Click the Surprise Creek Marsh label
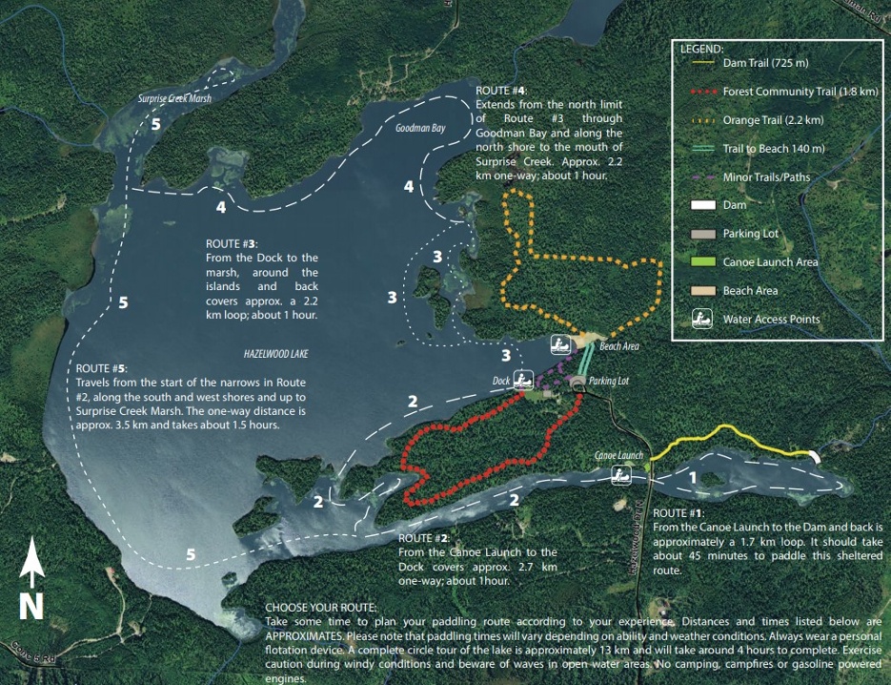click(174, 98)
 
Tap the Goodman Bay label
click(421, 127)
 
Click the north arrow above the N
click(33, 563)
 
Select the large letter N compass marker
click(31, 606)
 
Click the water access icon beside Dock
click(521, 379)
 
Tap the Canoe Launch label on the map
click(619, 455)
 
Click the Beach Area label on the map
click(619, 346)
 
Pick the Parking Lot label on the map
click(610, 381)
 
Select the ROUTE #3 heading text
click(232, 243)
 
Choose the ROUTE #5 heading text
click(101, 367)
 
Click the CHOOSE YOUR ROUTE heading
click(322, 607)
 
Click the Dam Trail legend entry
click(765, 63)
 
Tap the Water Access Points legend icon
click(703, 319)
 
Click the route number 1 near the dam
click(693, 476)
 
